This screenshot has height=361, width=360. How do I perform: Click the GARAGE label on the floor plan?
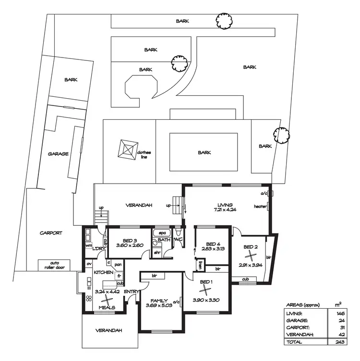click(x=58, y=154)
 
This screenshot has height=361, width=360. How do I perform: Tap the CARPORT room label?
click(x=51, y=233)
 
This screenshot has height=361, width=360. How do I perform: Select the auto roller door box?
click(x=54, y=265)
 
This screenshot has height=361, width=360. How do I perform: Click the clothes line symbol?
click(x=126, y=150)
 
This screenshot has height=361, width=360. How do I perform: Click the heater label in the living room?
click(x=260, y=207)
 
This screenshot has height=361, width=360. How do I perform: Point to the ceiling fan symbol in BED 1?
click(x=205, y=291)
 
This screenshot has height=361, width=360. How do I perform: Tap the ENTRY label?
click(x=131, y=291)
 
